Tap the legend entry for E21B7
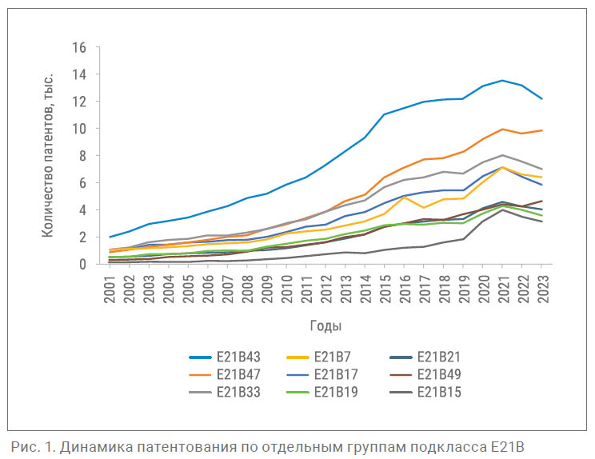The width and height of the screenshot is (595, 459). click(334, 356)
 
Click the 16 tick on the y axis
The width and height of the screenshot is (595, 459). click(78, 47)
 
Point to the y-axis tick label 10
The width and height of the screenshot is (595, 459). click(78, 129)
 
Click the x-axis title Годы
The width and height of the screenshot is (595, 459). click(325, 325)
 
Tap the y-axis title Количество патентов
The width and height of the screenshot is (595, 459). click(49, 154)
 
